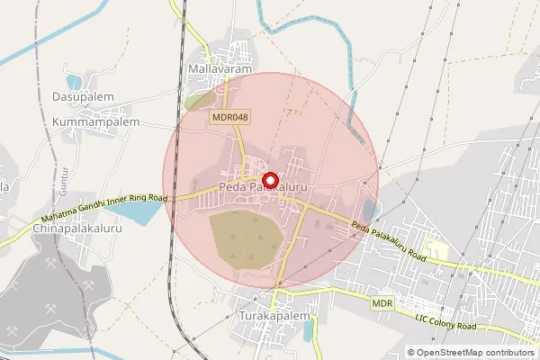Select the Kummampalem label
96,121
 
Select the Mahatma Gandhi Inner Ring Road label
105,210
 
